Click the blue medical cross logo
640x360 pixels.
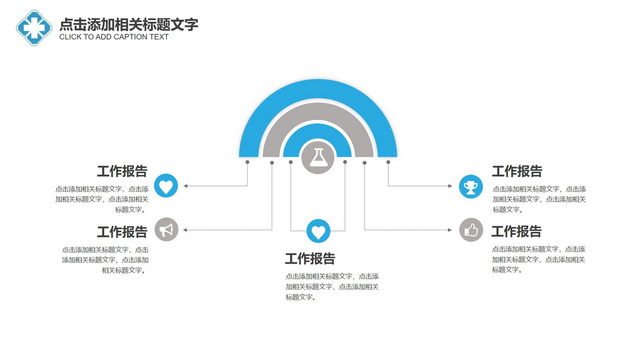34,28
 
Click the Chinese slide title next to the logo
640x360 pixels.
129,25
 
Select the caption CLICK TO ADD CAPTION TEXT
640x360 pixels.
114,37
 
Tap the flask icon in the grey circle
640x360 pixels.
318,157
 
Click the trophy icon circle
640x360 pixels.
471,187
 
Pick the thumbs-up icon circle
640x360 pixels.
471,230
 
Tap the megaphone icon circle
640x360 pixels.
166,229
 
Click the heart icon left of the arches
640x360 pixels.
166,186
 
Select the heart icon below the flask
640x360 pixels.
318,231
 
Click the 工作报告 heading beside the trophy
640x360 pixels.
517,171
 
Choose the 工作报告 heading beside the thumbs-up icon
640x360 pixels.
516,231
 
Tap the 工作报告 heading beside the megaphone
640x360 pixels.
122,232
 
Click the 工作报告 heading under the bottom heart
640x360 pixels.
310,259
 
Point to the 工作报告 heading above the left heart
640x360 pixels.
122,171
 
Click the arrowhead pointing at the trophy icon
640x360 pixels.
450,186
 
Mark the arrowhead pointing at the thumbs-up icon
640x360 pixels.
450,230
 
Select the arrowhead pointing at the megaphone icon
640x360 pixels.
185,230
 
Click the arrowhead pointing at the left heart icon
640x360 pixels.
185,186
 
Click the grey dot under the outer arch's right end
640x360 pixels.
388,162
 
